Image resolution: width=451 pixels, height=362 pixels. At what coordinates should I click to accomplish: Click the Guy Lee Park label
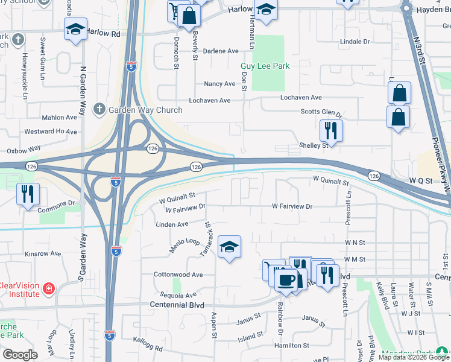pyautogui.click(x=265, y=66)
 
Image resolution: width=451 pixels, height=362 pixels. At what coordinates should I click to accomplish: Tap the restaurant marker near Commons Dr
pyautogui.click(x=28, y=194)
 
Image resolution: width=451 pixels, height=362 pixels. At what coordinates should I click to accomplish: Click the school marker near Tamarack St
pyautogui.click(x=229, y=246)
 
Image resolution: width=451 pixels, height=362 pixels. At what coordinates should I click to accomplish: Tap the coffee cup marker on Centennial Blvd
pyautogui.click(x=286, y=279)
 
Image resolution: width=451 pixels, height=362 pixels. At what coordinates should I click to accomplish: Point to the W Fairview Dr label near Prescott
pyautogui.click(x=292, y=206)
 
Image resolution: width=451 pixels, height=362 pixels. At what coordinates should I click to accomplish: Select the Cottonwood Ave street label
pyautogui.click(x=178, y=275)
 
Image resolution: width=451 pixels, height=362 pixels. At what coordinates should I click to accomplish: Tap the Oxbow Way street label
pyautogui.click(x=24, y=148)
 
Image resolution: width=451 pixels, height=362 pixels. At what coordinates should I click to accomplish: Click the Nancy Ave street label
pyautogui.click(x=219, y=84)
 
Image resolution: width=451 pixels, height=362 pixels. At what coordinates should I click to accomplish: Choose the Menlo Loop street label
pyautogui.click(x=185, y=246)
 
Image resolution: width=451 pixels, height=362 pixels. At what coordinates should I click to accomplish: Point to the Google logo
pyautogui.click(x=20, y=355)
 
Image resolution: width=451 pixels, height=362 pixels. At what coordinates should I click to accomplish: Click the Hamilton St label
pyautogui.click(x=292, y=346)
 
